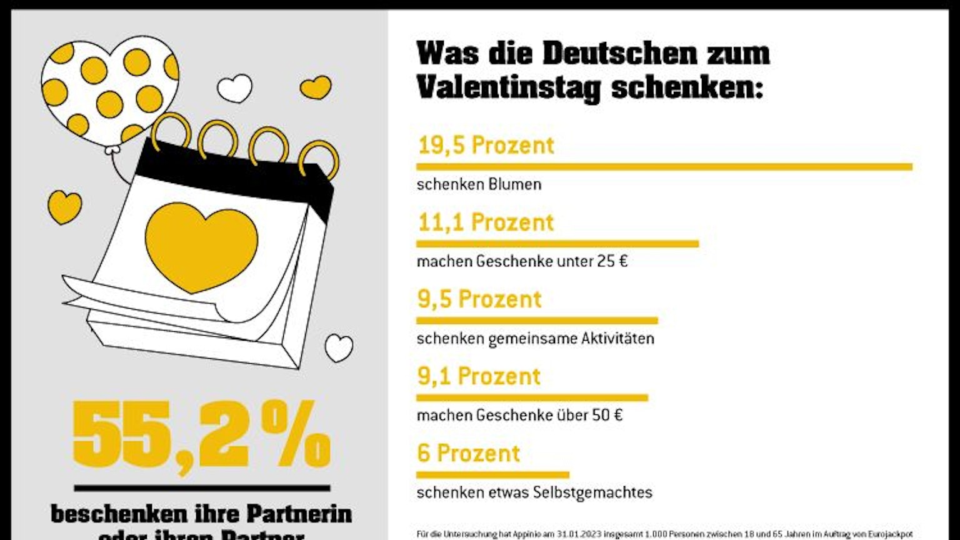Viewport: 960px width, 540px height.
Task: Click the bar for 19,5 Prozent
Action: tap(664, 167)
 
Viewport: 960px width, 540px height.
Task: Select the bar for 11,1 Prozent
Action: tap(557, 244)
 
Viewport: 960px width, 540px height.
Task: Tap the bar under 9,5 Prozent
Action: tap(537, 321)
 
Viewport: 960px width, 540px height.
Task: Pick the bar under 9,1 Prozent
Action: tap(532, 397)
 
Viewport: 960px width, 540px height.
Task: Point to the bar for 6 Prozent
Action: tap(492, 474)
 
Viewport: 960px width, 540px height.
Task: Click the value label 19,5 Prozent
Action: tap(486, 145)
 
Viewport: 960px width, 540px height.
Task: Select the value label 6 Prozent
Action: tap(468, 453)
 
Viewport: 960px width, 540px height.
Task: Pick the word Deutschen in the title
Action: tap(619, 53)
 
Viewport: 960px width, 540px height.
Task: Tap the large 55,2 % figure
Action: tap(201, 434)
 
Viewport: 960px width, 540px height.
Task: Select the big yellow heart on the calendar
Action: tap(201, 246)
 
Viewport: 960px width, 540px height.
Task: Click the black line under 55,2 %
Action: tap(202, 488)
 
